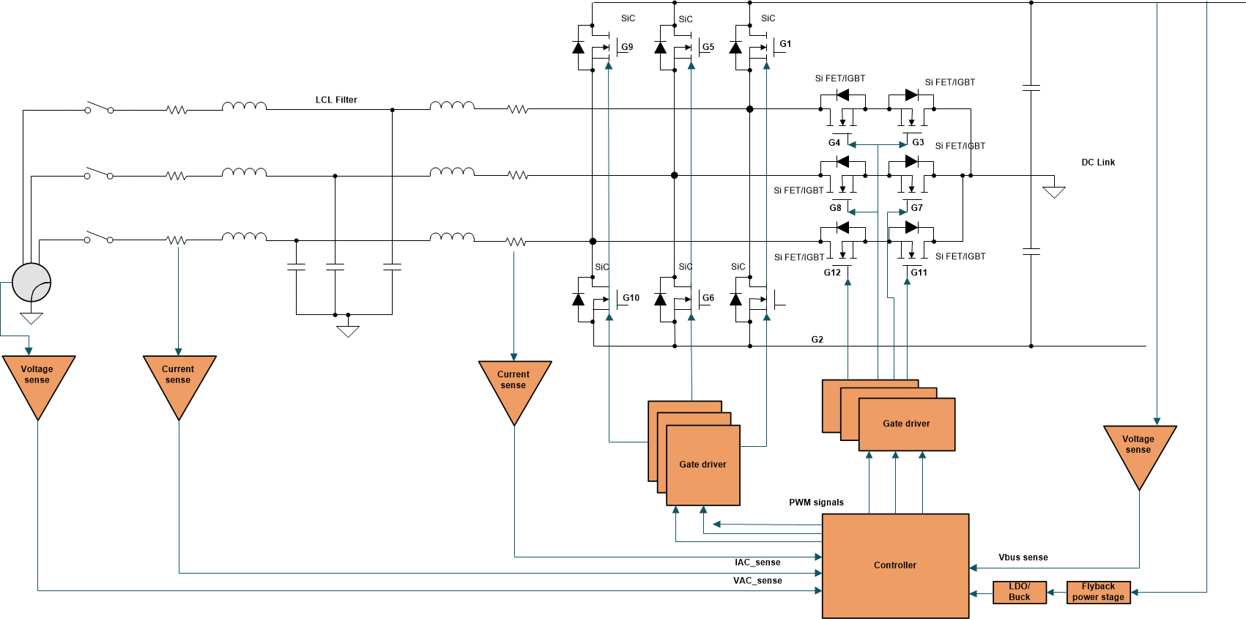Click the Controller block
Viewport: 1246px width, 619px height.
tap(895, 565)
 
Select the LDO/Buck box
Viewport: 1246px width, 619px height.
tap(1019, 592)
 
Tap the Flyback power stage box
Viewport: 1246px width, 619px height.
tap(1098, 592)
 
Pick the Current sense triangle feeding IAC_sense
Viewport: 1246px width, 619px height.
tap(514, 384)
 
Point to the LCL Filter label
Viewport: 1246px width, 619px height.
tap(336, 100)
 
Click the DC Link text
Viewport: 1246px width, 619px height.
tap(1098, 163)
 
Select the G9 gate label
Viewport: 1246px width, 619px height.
tap(627, 47)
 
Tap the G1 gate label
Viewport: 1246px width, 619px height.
tap(785, 44)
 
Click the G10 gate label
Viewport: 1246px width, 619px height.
tap(631, 298)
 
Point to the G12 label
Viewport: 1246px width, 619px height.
tap(832, 273)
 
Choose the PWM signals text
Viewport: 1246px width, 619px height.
tap(816, 503)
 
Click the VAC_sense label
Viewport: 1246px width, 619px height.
tap(757, 581)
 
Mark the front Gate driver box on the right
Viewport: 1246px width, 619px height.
tap(907, 425)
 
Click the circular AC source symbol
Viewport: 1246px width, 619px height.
tap(31, 283)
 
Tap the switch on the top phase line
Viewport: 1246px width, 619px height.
tap(99, 108)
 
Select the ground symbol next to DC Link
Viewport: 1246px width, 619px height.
tap(1053, 191)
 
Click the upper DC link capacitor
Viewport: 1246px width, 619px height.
tap(1031, 88)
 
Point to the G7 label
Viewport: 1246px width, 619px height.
tap(916, 208)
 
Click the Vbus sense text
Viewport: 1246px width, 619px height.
tap(1023, 557)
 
